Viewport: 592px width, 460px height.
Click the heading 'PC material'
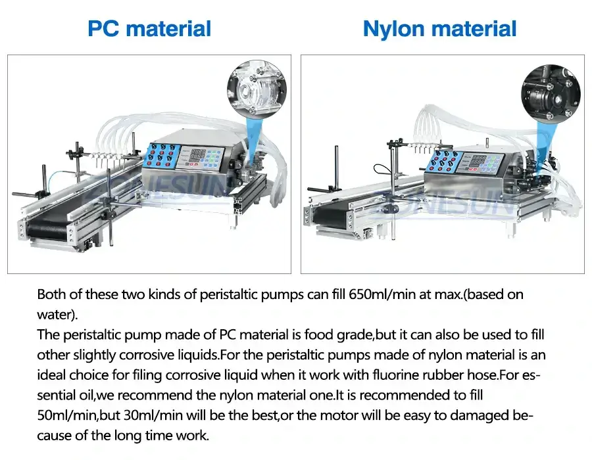(x=149, y=29)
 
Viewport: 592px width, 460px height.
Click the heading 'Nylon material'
(x=439, y=29)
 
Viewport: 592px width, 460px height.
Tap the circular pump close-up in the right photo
(x=551, y=95)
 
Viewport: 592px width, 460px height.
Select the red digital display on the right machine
(x=478, y=162)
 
